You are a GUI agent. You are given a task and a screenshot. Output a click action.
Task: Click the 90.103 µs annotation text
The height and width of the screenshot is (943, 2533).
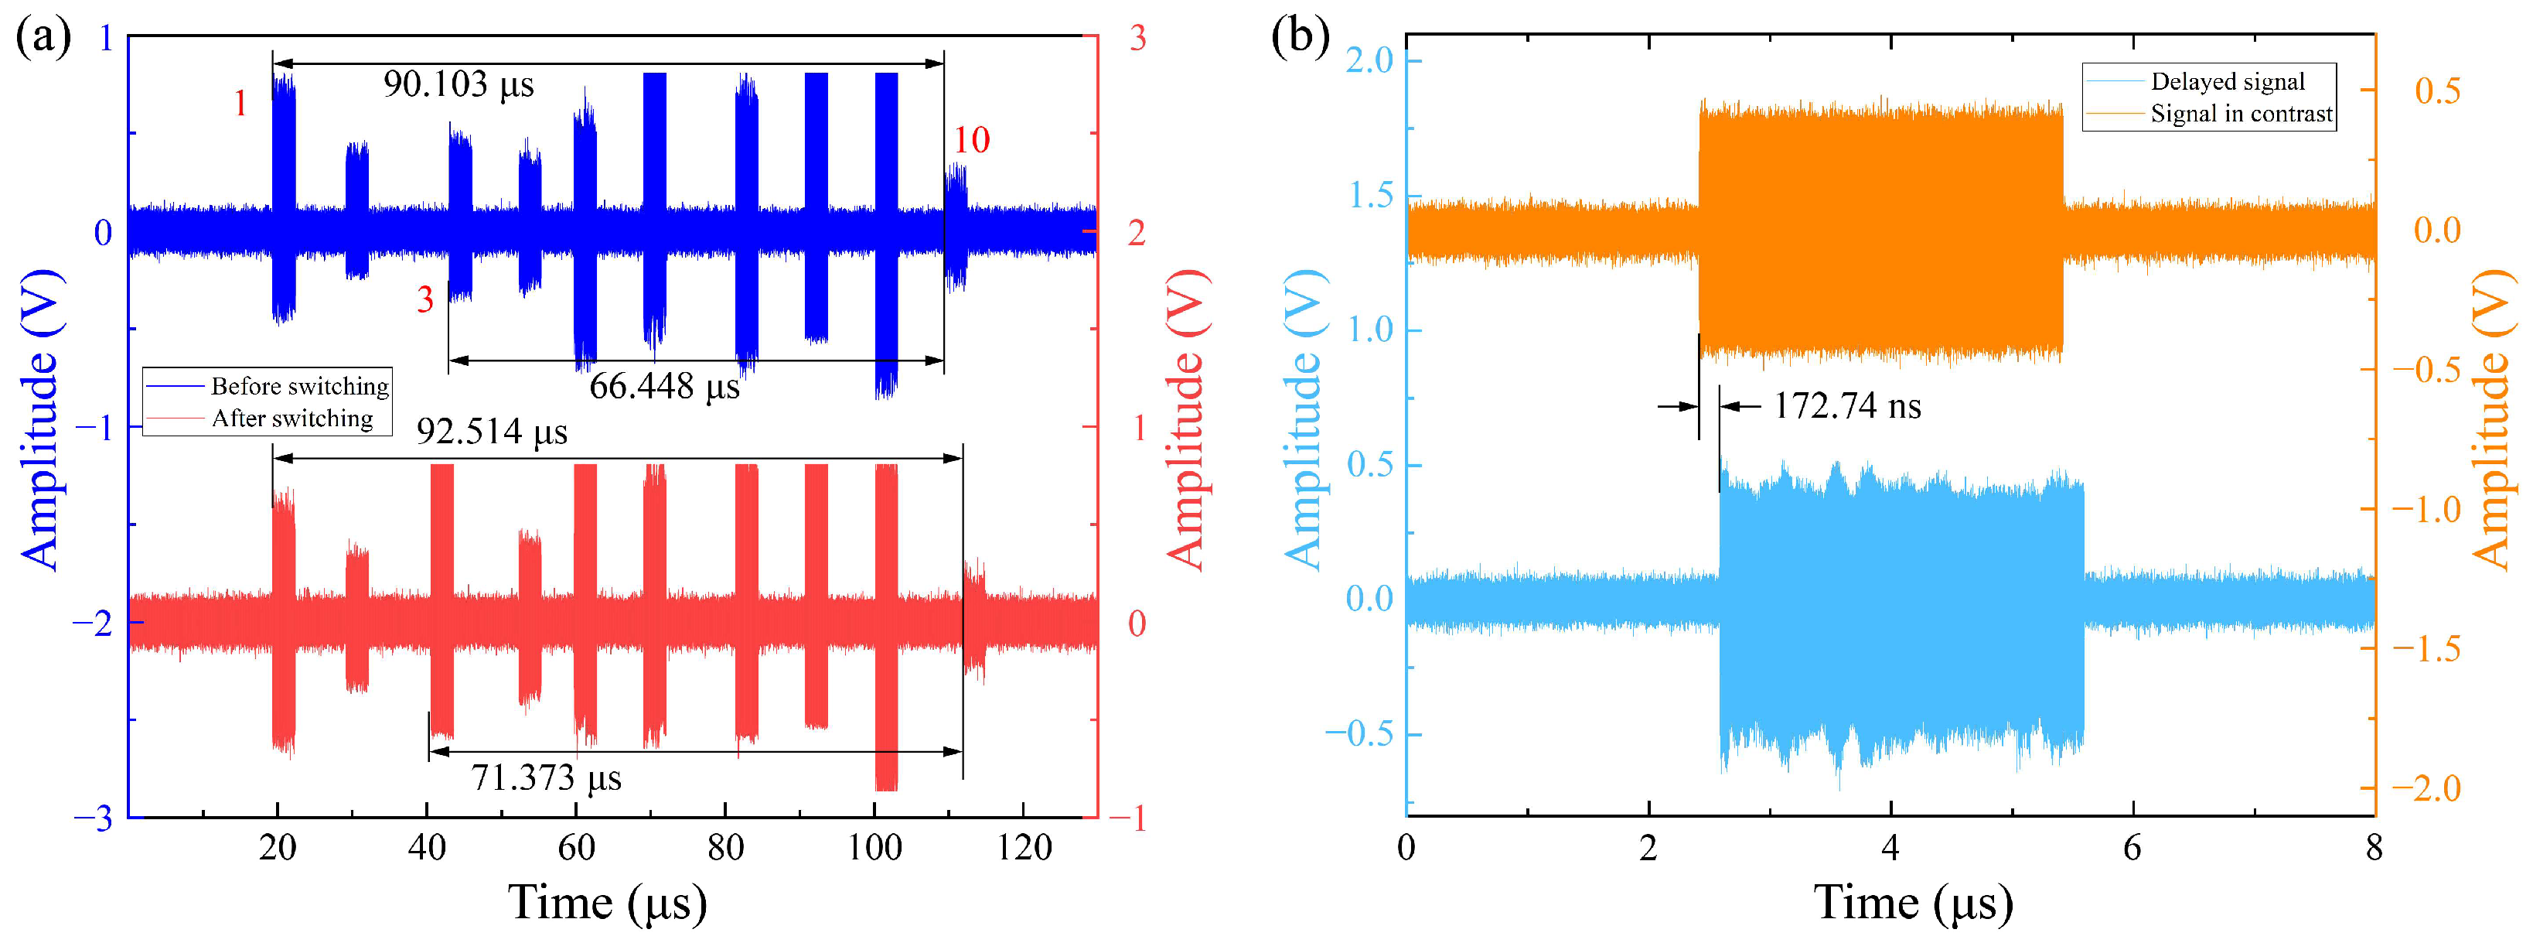[x=459, y=84]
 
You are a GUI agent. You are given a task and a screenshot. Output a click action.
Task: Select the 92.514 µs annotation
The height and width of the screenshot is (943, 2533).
[x=492, y=432]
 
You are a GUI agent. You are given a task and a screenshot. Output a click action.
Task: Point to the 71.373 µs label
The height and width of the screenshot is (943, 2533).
[x=546, y=777]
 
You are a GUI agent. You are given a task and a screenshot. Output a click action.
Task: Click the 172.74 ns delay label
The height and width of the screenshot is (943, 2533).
[x=1846, y=406]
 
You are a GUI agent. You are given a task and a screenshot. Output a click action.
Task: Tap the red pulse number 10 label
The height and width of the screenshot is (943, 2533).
[x=971, y=141]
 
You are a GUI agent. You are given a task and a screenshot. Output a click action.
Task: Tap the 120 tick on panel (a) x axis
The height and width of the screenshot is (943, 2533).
[x=1024, y=848]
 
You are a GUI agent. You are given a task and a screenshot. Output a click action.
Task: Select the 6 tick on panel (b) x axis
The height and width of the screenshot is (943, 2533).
[x=2132, y=848]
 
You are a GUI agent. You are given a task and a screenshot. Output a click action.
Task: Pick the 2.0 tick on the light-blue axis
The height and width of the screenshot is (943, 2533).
[x=1370, y=61]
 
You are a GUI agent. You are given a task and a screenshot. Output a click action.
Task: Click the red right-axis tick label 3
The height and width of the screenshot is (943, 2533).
[x=1137, y=39]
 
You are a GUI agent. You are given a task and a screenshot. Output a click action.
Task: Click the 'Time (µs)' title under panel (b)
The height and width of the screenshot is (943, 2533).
[x=1913, y=903]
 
